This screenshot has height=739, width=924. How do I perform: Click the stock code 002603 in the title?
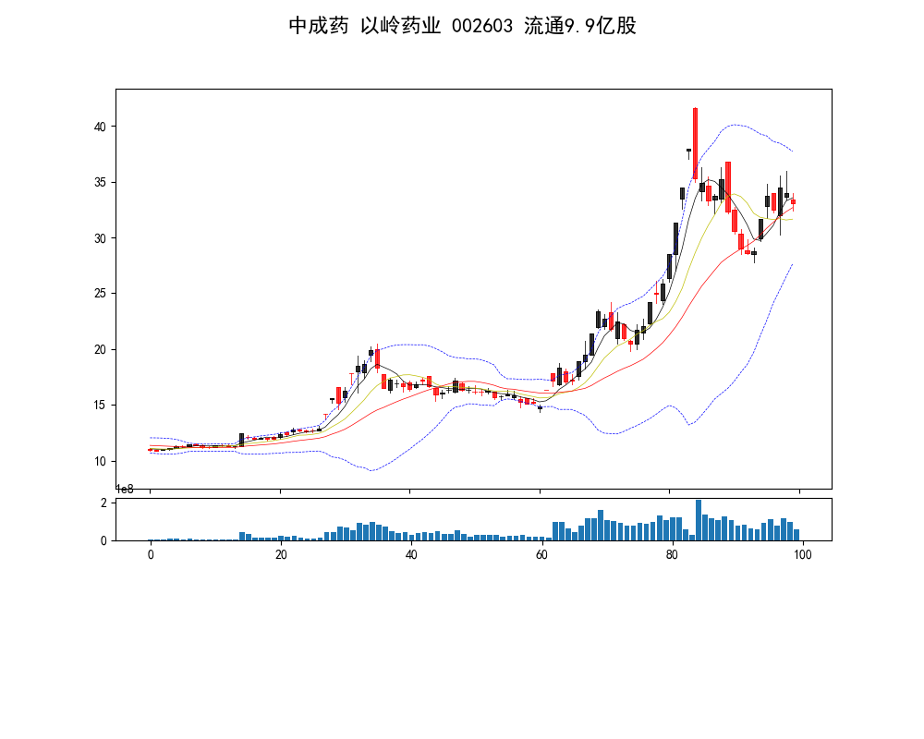pos(483,26)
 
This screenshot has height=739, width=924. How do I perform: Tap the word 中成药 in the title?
pos(319,26)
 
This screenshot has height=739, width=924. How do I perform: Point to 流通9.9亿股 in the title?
pos(580,26)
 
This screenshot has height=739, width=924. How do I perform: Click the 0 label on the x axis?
pos(151,554)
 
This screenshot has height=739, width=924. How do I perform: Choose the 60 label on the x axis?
pos(541,554)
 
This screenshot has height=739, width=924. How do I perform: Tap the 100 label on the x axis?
pos(802,554)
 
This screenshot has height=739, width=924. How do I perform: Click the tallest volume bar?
pos(699,520)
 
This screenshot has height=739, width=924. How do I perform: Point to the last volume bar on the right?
pos(796,535)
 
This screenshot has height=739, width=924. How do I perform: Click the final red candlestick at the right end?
pos(793,201)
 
